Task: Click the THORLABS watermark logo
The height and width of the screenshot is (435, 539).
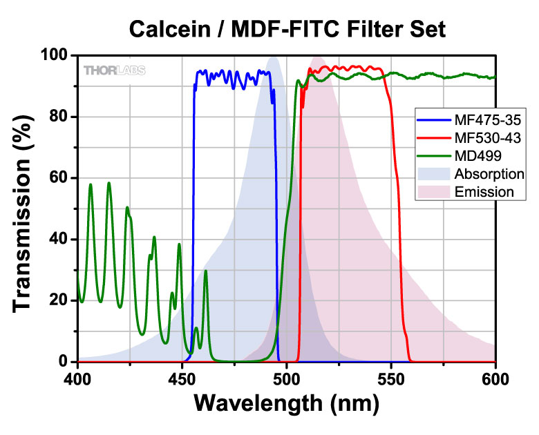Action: [115, 70]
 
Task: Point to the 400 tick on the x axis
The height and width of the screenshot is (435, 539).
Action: [78, 378]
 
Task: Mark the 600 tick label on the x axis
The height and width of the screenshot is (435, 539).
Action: [495, 378]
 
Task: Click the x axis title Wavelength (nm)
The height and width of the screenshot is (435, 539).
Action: [287, 404]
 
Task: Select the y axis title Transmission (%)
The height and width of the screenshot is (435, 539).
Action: [26, 209]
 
